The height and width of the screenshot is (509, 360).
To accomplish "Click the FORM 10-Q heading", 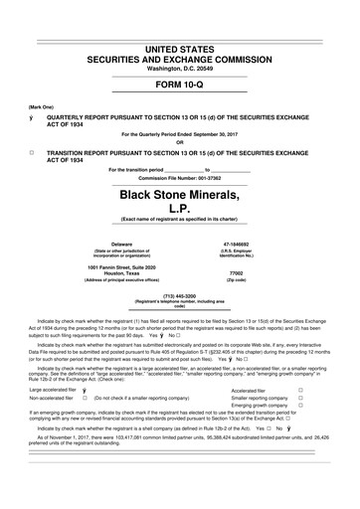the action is (179, 85).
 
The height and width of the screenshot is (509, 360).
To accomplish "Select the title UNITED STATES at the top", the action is (179, 50).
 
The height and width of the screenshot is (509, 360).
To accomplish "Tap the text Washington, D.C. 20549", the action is (179, 70).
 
